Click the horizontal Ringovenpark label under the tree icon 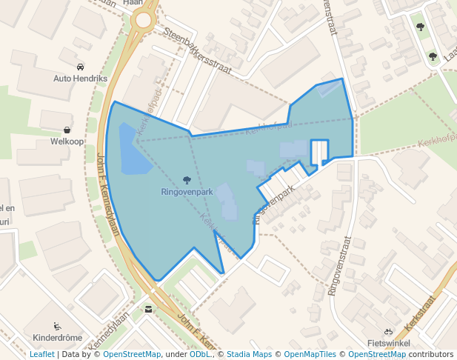[187, 192]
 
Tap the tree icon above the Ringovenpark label [186, 180]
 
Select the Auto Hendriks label [81, 78]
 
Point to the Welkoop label [67, 141]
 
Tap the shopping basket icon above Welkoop [67, 130]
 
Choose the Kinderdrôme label [58, 338]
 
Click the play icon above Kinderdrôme [57, 326]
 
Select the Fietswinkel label [388, 344]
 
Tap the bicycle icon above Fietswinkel [388, 332]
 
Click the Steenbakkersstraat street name [199, 52]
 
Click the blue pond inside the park [133, 150]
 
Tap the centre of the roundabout [142, 20]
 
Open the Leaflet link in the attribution [41, 354]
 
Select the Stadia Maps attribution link [249, 354]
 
